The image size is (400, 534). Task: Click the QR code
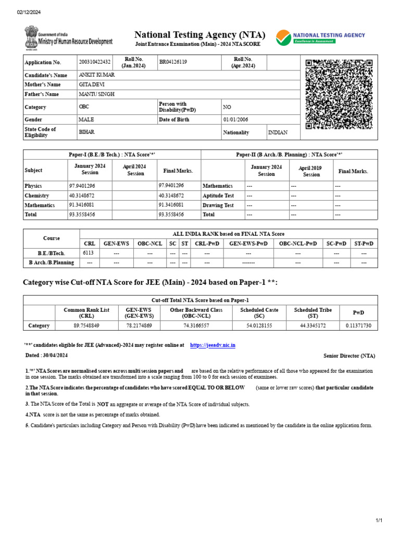click(339, 94)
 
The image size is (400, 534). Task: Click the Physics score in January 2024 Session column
click(82, 186)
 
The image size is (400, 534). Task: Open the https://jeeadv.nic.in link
click(213, 345)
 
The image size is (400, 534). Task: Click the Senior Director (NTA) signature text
click(349, 356)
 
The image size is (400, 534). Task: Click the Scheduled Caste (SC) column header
click(259, 313)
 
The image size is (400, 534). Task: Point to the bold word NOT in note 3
click(103, 404)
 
